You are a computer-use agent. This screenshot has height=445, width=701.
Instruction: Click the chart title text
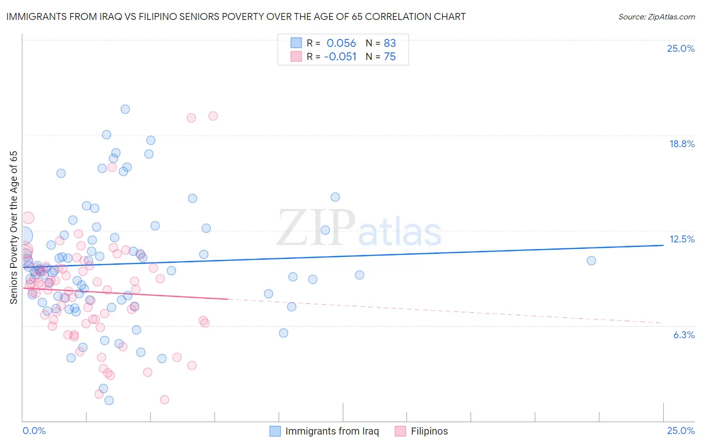236,16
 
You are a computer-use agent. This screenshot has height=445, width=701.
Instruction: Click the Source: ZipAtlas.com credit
656,16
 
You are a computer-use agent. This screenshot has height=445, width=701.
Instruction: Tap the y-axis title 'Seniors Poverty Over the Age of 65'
13,227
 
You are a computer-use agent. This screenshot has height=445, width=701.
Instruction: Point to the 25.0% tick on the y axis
681,48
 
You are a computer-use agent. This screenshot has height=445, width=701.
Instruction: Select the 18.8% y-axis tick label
682,144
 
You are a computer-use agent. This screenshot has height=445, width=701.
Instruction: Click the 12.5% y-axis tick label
682,239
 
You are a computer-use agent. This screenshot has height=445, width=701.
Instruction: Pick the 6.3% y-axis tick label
684,335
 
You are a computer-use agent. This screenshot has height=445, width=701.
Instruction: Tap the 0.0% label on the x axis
34,431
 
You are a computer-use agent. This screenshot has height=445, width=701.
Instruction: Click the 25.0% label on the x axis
681,431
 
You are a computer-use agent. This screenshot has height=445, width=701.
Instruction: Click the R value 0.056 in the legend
341,43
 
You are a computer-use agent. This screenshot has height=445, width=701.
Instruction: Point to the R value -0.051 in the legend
340,57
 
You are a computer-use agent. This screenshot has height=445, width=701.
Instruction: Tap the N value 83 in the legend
389,43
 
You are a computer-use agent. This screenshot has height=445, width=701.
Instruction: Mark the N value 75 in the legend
389,57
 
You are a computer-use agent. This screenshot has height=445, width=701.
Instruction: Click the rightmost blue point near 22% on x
591,260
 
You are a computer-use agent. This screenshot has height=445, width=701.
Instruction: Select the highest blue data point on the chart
125,109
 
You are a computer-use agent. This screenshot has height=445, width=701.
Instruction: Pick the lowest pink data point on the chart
164,400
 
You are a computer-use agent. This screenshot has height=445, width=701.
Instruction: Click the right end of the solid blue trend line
663,245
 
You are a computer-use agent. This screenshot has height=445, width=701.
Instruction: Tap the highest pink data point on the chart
213,116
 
